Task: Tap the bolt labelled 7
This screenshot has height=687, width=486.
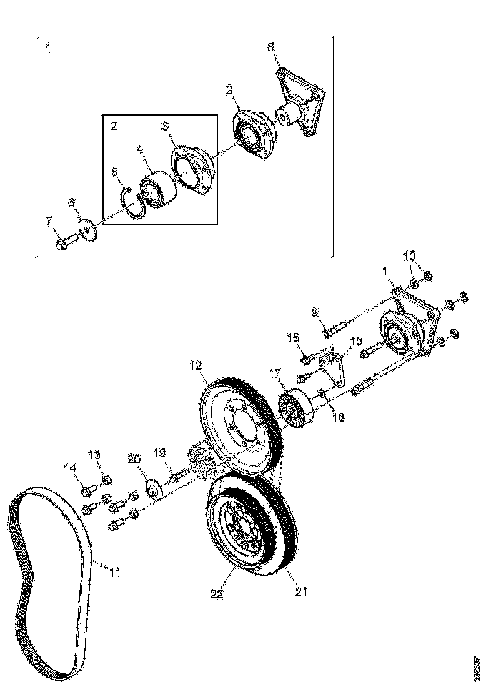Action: click(x=64, y=242)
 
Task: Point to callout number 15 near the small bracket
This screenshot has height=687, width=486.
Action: click(x=355, y=341)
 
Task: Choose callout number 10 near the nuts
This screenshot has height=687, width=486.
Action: click(x=409, y=256)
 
